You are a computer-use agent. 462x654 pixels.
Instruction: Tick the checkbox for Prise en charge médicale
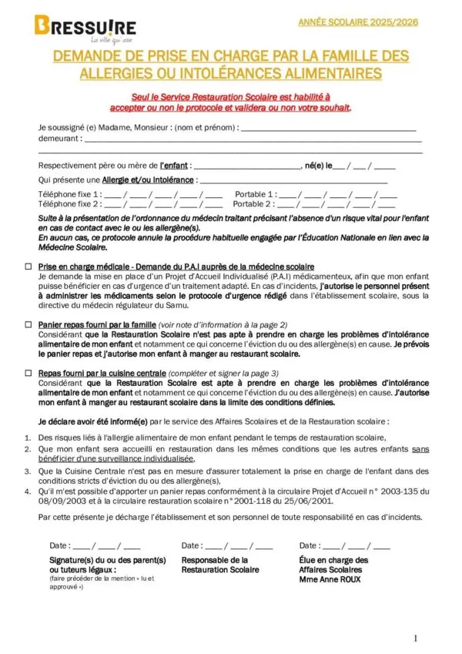tap(28, 265)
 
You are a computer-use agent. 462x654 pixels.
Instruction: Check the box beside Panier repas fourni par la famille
tap(28, 326)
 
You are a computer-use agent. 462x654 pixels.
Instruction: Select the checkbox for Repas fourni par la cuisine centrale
tap(28, 373)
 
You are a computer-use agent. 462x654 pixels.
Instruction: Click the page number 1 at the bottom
tap(415, 638)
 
